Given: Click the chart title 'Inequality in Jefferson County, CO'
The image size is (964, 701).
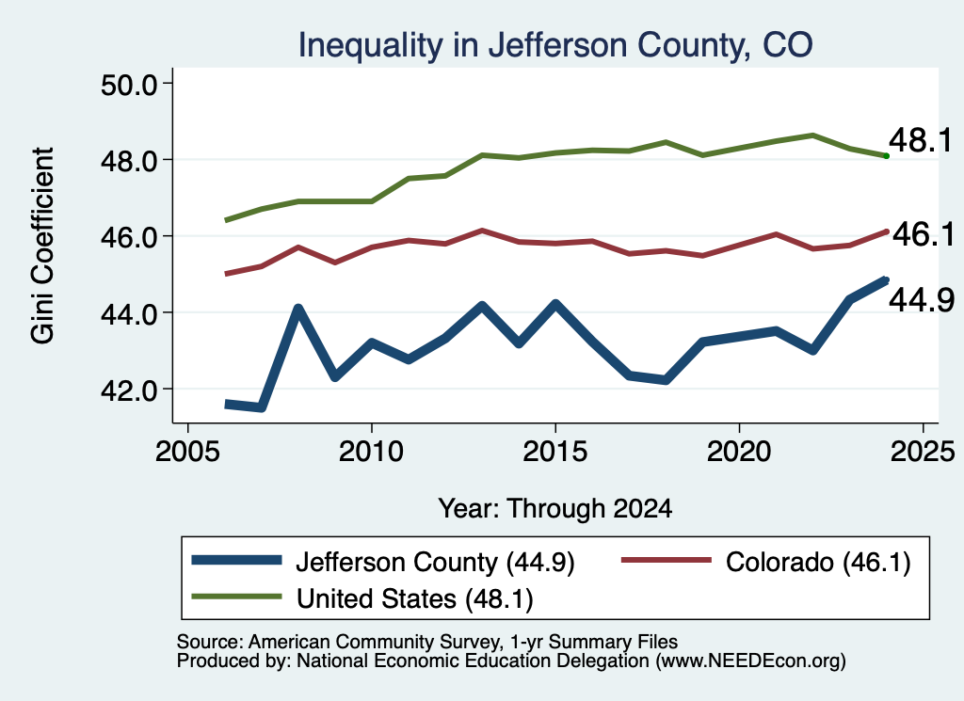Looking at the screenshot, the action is click(555, 45).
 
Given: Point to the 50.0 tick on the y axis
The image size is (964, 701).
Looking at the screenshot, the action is click(129, 84).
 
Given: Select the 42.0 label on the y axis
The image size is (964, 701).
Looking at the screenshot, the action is click(129, 390).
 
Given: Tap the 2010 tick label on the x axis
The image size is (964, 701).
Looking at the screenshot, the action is click(371, 452).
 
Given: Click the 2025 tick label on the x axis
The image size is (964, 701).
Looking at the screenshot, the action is click(923, 452).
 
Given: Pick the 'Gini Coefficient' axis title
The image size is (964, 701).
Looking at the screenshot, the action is click(42, 246).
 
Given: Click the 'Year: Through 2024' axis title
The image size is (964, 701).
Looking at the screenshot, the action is click(555, 509).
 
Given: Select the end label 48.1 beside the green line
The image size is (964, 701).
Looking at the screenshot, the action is click(921, 140).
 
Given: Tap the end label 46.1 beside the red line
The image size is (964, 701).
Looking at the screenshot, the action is click(923, 234).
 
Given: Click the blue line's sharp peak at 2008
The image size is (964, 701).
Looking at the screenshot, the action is click(298, 309).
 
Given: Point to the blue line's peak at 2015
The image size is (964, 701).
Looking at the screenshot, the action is click(555, 305).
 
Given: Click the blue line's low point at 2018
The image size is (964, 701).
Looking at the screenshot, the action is click(666, 380).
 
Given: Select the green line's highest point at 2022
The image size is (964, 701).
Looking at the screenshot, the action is click(812, 135).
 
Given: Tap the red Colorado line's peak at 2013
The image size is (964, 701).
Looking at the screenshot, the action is click(483, 231).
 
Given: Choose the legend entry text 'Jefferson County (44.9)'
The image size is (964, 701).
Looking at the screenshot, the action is click(435, 562).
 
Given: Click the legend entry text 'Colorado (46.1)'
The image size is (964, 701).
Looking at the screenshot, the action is click(818, 562).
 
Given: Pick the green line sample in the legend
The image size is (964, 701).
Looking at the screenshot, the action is click(236, 597).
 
